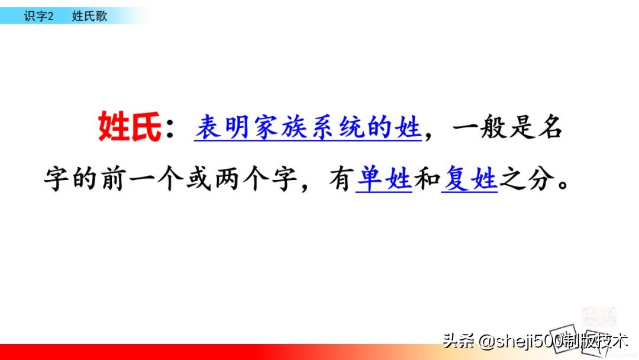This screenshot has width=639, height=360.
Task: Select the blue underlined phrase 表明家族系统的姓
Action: tap(308, 127)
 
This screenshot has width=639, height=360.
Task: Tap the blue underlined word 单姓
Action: tap(384, 178)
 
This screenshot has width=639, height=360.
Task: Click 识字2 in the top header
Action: tap(38, 16)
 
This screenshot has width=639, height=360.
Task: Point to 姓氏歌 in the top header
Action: tap(89, 16)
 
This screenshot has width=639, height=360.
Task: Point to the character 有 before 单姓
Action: tap(341, 178)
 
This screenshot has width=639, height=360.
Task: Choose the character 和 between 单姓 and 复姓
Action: tap(427, 178)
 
